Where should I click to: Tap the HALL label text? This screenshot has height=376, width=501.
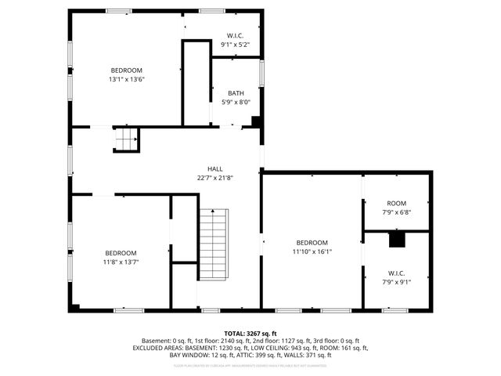coord(214,169)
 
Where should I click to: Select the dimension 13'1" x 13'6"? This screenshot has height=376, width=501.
coord(126,79)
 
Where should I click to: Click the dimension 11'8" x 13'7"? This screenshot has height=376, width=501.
coord(121,262)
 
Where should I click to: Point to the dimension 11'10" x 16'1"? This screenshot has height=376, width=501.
coord(312,251)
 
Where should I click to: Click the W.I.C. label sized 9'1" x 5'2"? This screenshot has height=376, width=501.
coord(236,36)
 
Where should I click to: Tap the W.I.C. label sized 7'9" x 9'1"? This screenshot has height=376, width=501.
coord(397,273)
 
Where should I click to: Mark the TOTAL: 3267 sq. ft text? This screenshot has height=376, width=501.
coord(250,333)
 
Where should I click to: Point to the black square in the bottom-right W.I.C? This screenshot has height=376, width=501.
coord(397,239)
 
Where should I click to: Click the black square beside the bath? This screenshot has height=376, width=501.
coord(256,121)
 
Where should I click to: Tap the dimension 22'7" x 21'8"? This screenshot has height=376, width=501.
coord(214,178)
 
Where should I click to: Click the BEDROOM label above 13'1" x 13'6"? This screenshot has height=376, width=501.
coord(126,70)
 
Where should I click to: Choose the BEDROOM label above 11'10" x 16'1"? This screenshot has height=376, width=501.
coord(312,243)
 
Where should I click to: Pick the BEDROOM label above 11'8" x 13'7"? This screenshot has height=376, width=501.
coord(121,253)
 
